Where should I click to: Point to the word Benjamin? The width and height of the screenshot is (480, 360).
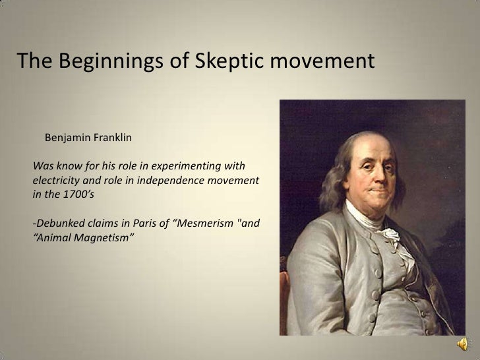tap(66, 138)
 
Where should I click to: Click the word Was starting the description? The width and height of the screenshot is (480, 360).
tap(42, 164)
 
